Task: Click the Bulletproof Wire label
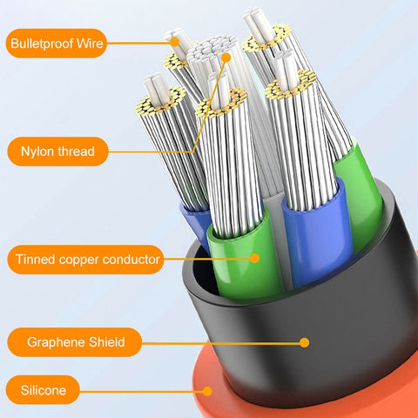tap(60, 44)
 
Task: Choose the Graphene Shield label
tap(77, 342)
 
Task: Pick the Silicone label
tap(44, 389)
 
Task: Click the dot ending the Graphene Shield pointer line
tap(305, 342)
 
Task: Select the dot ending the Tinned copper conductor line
tap(255, 259)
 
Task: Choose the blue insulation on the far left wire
tap(193, 222)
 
